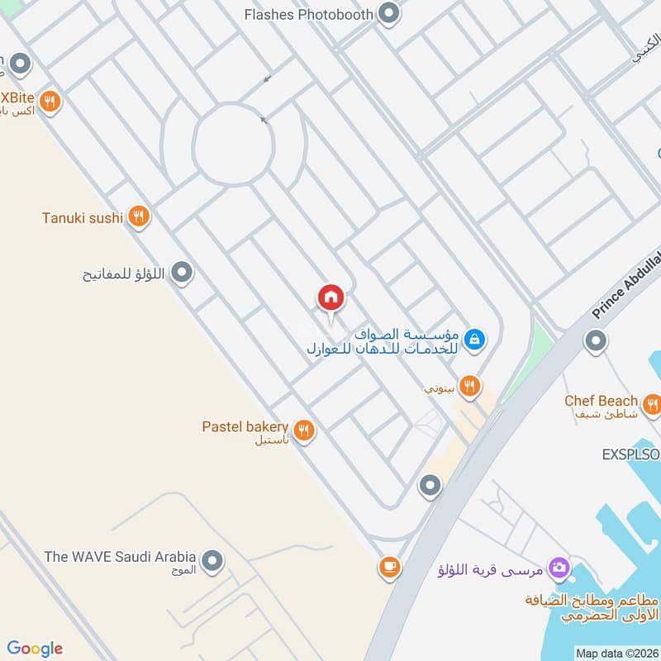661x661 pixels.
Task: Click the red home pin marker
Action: [x=330, y=297]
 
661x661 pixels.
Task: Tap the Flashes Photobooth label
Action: [x=309, y=14]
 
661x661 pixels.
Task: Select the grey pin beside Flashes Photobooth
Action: [x=388, y=13]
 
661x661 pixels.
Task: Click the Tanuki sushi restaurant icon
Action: [x=139, y=217]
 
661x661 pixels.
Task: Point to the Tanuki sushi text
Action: [x=83, y=218]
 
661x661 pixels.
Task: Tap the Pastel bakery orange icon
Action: [x=304, y=429]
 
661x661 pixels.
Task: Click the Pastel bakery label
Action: [x=245, y=427]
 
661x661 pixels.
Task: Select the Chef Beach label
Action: [x=601, y=401]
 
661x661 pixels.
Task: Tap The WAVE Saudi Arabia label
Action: [x=120, y=556]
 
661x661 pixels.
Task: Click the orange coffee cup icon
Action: [x=390, y=567]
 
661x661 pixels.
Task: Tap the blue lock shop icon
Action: [x=473, y=338]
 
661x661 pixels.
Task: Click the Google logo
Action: [x=35, y=649]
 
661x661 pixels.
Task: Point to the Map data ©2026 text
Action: [x=616, y=654]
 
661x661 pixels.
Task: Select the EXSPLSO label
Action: [x=630, y=454]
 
